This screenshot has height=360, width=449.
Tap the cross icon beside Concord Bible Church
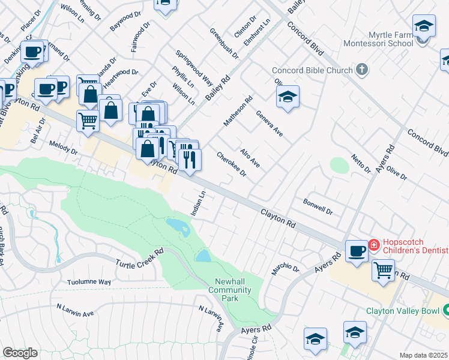pyautogui.click(x=361, y=70)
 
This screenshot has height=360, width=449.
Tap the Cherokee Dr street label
pyautogui.click(x=232, y=163)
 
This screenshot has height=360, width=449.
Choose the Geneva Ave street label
pyautogui.click(x=269, y=123)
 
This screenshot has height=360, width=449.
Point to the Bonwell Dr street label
pyautogui.click(x=318, y=207)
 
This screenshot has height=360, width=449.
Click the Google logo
pyautogui.click(x=20, y=353)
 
